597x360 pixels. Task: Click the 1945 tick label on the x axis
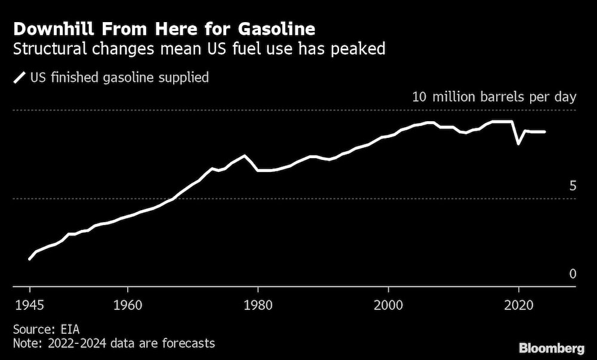click(29, 302)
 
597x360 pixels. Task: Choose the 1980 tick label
click(257, 302)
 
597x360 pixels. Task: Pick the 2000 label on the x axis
click(388, 302)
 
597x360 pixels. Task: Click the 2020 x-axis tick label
click(519, 302)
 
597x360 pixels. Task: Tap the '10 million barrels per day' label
click(494, 97)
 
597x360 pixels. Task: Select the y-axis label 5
click(573, 186)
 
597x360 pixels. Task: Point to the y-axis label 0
click(573, 274)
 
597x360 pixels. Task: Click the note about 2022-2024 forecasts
click(113, 343)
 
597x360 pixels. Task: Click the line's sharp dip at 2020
click(519, 143)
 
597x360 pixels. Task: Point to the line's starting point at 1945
click(29, 259)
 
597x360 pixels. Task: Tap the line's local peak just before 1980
click(244, 156)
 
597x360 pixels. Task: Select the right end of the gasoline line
click(544, 131)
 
